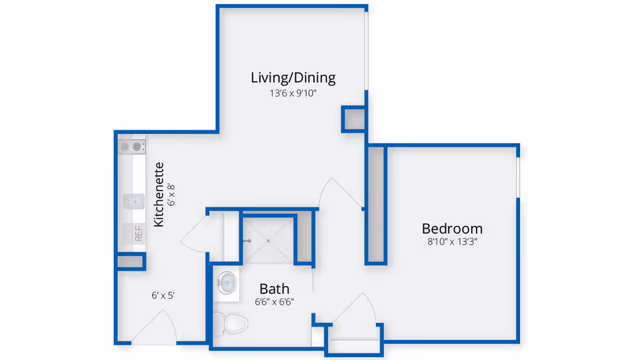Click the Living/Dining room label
tap(293, 77)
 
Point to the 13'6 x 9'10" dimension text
tap(293, 94)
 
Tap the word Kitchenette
tap(159, 195)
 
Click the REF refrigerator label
tap(139, 234)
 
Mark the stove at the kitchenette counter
tap(132, 146)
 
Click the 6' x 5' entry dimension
tap(163, 295)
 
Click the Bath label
tap(274, 289)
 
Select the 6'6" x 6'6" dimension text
tap(274, 302)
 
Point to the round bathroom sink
tap(227, 282)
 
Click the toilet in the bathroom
tap(233, 324)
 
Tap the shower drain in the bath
tap(268, 240)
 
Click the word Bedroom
tap(452, 228)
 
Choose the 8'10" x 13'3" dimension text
tap(452, 242)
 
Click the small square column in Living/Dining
tap(353, 119)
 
